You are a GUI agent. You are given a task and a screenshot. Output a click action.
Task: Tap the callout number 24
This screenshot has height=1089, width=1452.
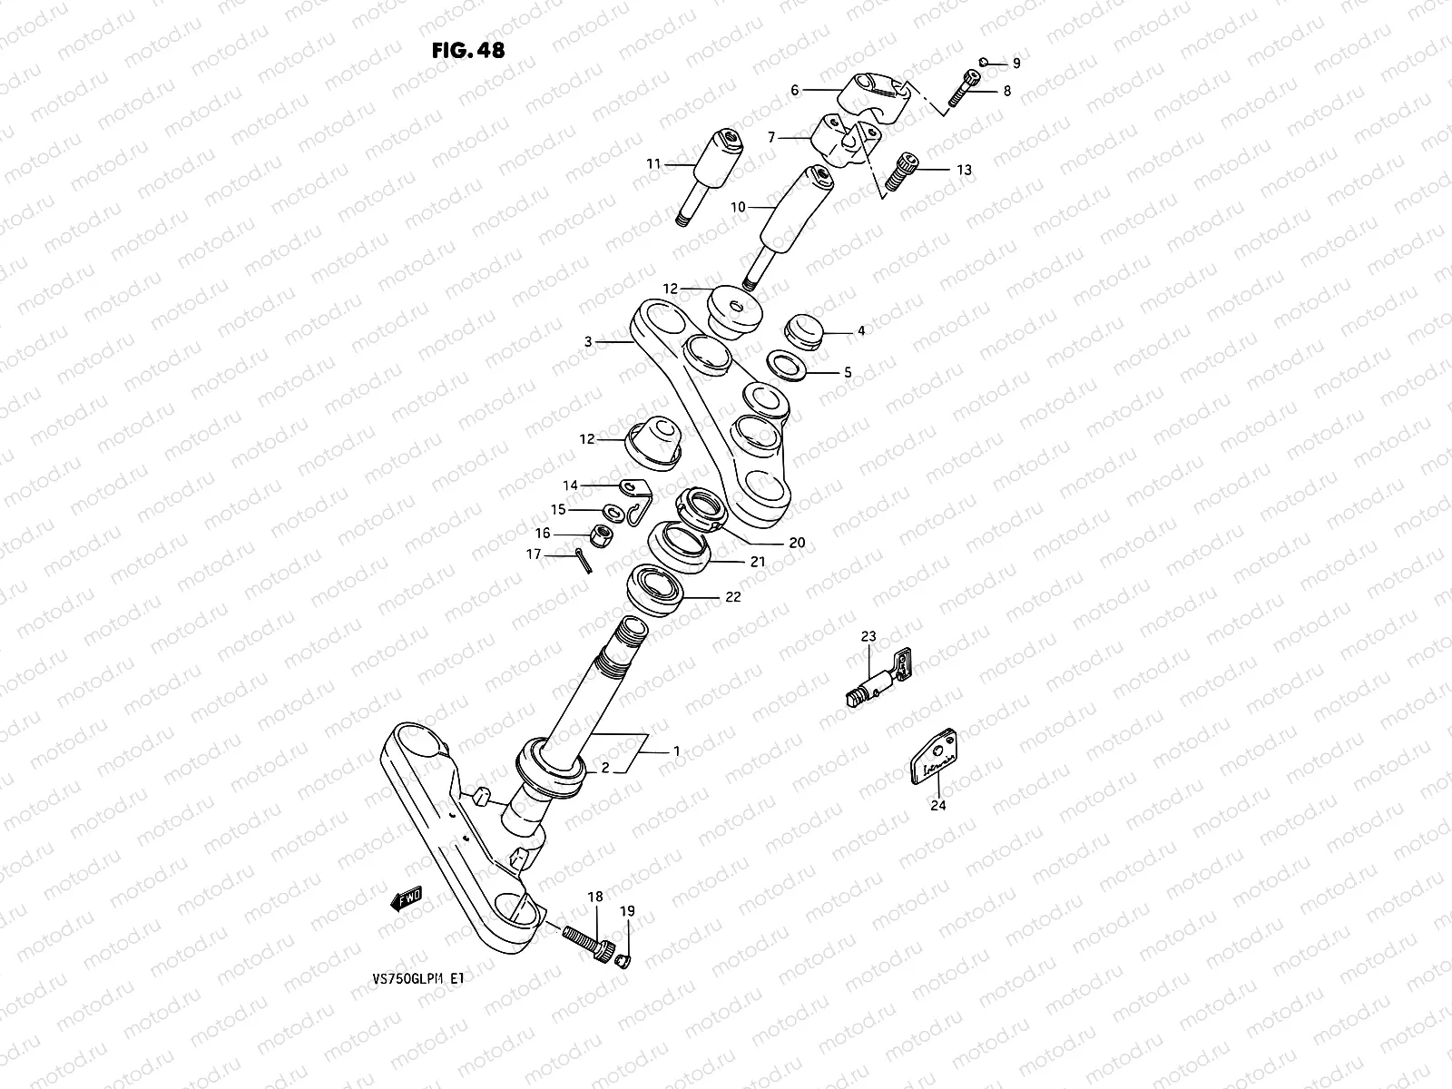(938, 804)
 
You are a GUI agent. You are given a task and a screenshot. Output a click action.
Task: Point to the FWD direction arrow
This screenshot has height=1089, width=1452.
(406, 898)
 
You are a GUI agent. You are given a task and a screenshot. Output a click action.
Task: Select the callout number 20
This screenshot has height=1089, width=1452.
(796, 543)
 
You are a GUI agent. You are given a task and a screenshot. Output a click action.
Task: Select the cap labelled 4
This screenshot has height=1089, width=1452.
(800, 330)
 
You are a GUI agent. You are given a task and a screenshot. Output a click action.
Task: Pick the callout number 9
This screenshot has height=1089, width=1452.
(1016, 64)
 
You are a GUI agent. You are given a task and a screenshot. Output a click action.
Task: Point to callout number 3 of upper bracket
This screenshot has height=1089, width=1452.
(588, 342)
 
